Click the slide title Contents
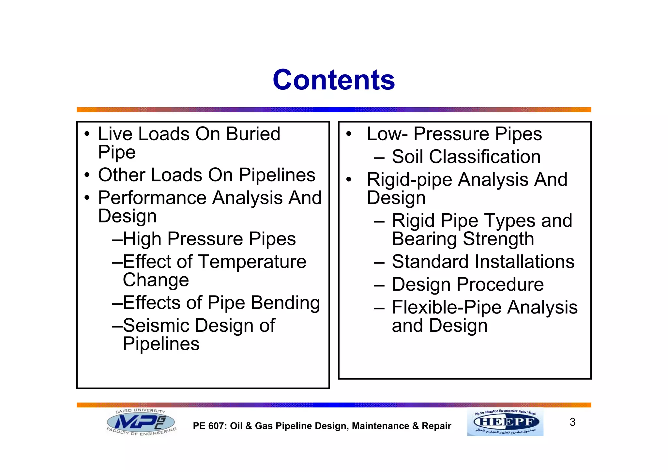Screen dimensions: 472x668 point(334,80)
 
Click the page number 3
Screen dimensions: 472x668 point(572,422)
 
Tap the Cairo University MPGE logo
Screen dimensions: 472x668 point(141,423)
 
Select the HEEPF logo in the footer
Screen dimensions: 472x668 point(505,422)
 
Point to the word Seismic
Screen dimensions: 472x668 point(156,326)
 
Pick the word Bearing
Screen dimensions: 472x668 point(424,239)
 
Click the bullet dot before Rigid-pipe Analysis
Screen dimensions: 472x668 point(349,180)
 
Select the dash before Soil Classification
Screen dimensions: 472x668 point(379,158)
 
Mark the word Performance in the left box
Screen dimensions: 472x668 point(152,198)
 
